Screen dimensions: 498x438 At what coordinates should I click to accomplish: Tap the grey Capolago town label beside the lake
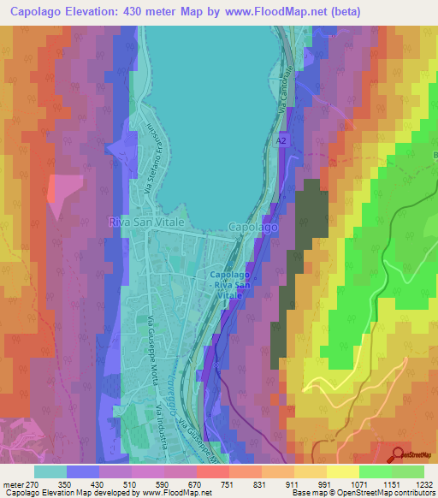(x=253, y=228)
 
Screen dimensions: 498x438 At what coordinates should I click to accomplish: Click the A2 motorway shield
(x=281, y=139)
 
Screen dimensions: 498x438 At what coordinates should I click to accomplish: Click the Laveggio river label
(x=174, y=390)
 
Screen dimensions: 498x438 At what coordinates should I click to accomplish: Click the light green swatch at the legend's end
(x=407, y=471)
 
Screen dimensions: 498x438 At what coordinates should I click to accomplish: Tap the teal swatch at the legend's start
(x=50, y=471)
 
